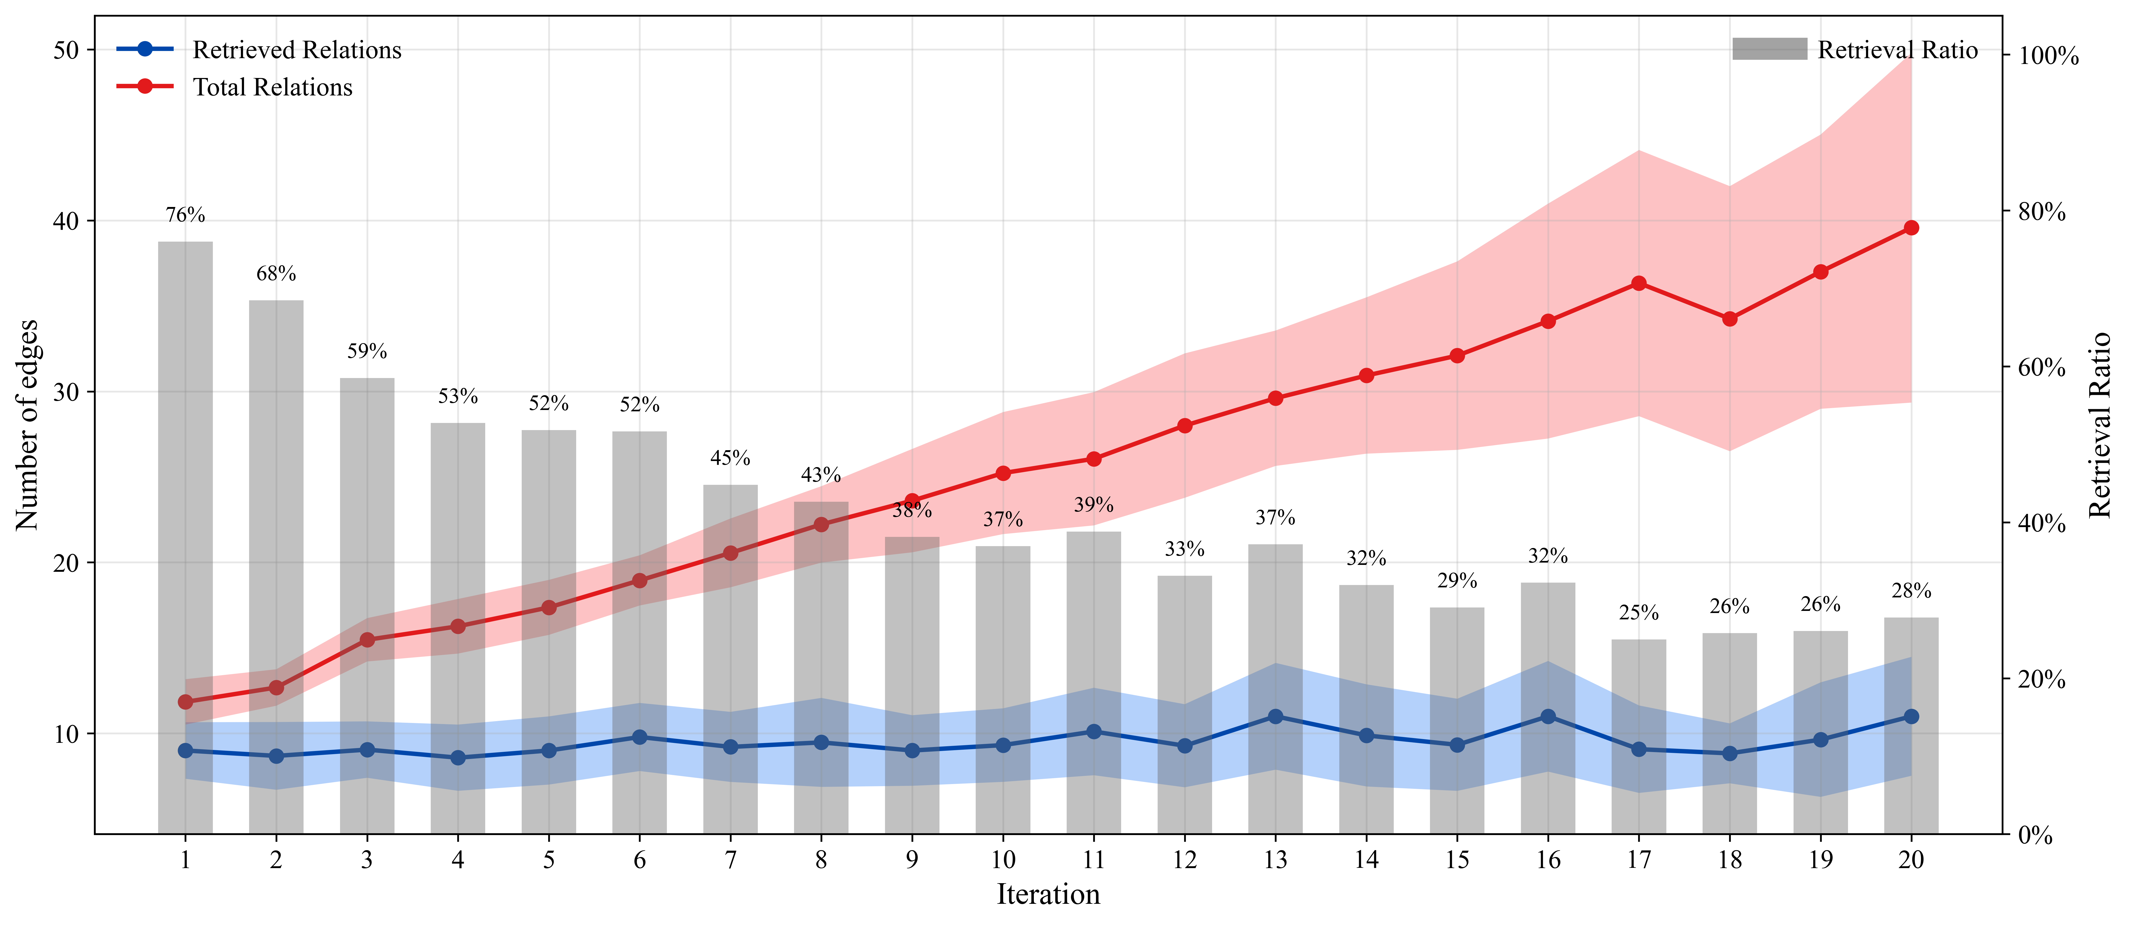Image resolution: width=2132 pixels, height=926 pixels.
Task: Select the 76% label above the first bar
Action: (x=185, y=215)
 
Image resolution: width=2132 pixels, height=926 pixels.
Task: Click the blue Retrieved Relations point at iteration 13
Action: (x=1275, y=717)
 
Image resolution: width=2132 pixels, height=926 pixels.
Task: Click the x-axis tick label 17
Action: (x=1639, y=861)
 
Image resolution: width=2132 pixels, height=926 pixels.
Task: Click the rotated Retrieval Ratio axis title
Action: (x=2101, y=425)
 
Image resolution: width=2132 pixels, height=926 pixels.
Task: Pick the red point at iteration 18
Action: (x=1730, y=319)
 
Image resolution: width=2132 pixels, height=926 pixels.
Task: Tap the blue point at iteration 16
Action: (x=1548, y=717)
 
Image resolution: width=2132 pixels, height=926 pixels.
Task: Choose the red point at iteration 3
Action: (x=367, y=640)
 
